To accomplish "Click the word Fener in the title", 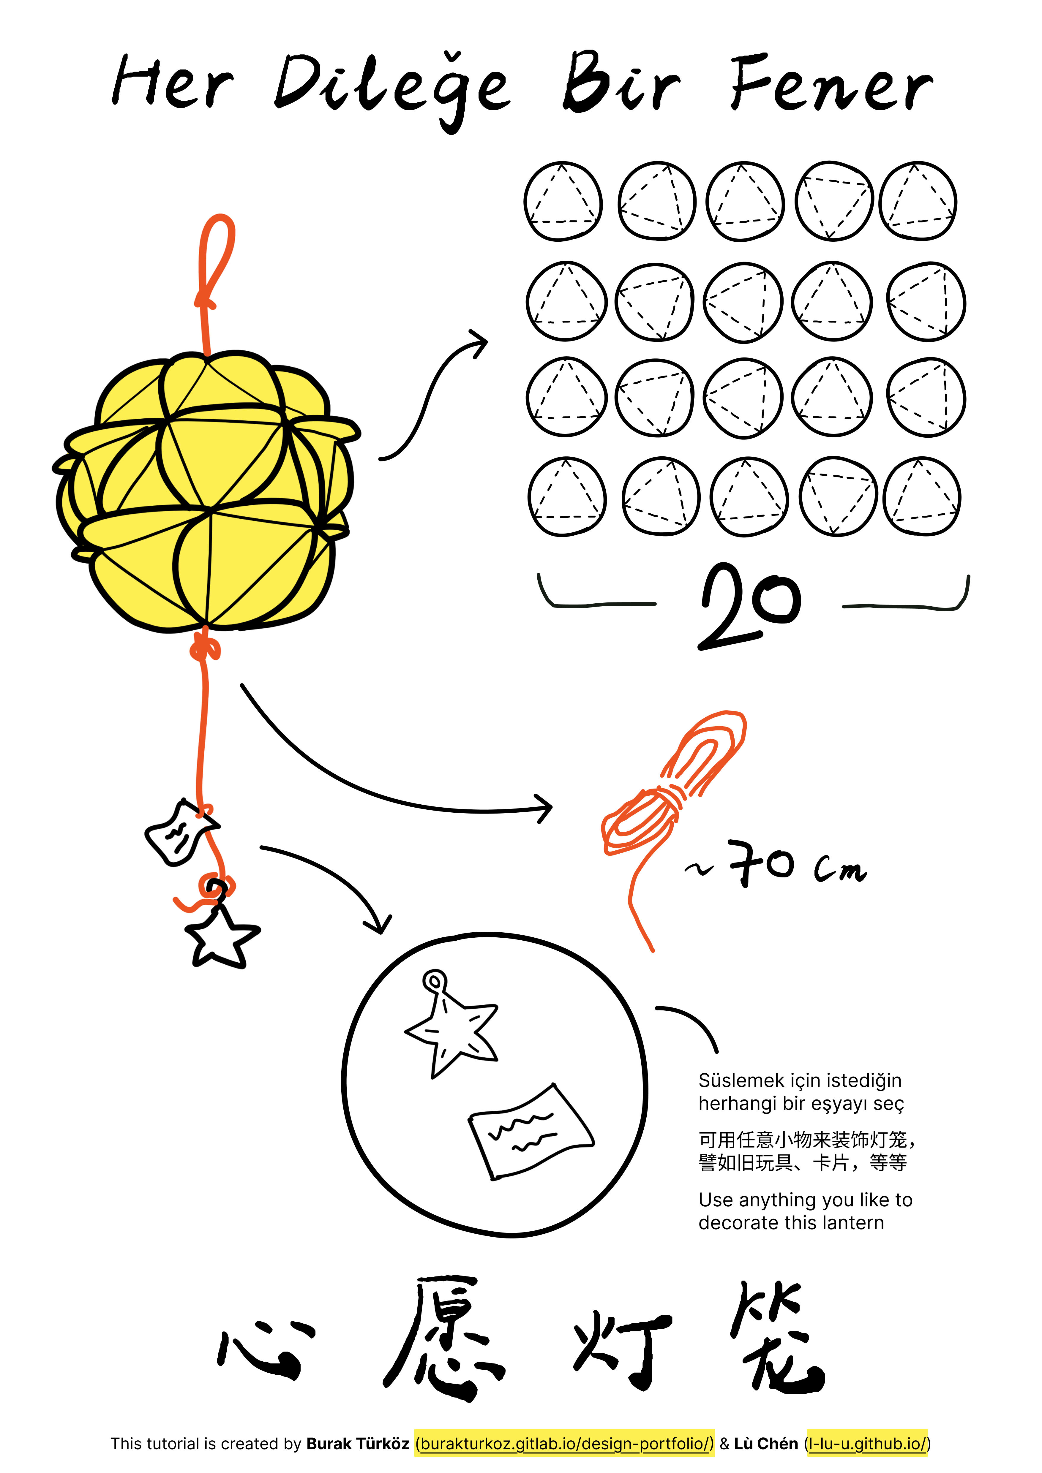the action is pos(831,83).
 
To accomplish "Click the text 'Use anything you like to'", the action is pos(805,1200).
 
